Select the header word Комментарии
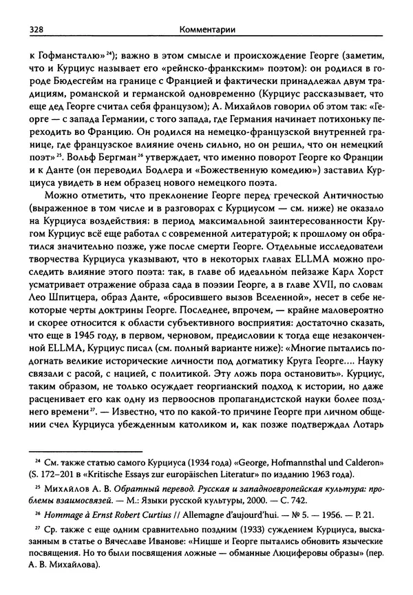point(206,11)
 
